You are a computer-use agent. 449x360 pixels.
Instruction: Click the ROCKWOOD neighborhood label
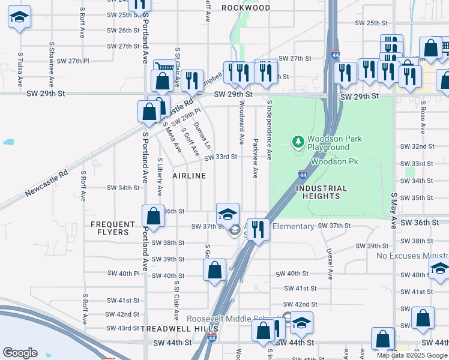[246, 8]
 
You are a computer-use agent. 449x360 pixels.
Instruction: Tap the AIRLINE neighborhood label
[189, 176]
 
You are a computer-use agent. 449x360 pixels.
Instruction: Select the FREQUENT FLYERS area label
[110, 228]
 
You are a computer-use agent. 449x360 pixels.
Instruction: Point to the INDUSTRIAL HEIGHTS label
[321, 192]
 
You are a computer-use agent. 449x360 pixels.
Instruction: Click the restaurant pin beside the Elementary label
[258, 229]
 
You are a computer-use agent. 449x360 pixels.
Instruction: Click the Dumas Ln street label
[202, 136]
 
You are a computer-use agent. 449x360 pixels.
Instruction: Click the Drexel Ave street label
[330, 265]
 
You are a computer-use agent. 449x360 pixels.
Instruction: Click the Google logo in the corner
[20, 353]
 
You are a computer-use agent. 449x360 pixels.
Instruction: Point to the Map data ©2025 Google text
[412, 355]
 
